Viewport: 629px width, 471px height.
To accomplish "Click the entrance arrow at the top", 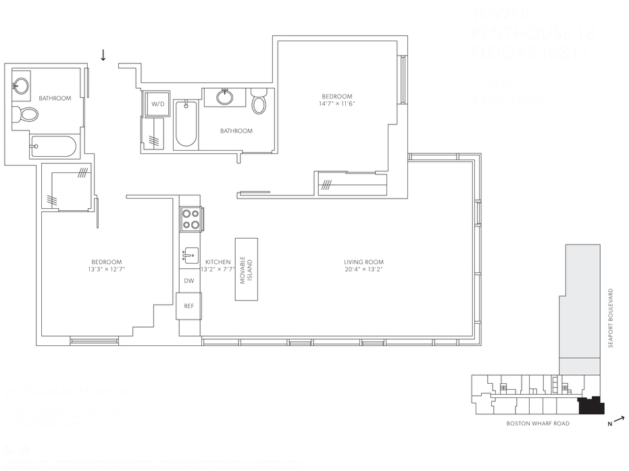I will coord(103,55).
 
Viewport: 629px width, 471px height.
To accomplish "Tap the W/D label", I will coord(157,104).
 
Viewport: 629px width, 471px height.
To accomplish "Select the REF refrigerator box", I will coord(189,306).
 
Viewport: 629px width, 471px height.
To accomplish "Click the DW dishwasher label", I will coord(189,280).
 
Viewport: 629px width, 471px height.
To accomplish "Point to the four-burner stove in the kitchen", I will coord(191,219).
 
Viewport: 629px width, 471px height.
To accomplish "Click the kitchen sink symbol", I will coord(191,255).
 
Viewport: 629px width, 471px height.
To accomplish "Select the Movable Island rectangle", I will coord(247,269).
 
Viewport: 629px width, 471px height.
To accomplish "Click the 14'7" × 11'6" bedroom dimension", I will coord(336,104).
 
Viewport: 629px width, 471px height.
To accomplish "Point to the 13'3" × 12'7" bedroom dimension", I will coord(107,270).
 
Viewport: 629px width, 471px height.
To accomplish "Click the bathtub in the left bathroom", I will coord(53,147).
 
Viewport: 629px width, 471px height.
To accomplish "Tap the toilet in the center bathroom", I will coord(259,102).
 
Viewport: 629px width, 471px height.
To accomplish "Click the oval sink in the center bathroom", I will coord(225,97).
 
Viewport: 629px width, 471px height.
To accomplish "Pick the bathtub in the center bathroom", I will coord(186,124).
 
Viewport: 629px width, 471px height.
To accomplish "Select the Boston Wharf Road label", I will coord(538,424).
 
